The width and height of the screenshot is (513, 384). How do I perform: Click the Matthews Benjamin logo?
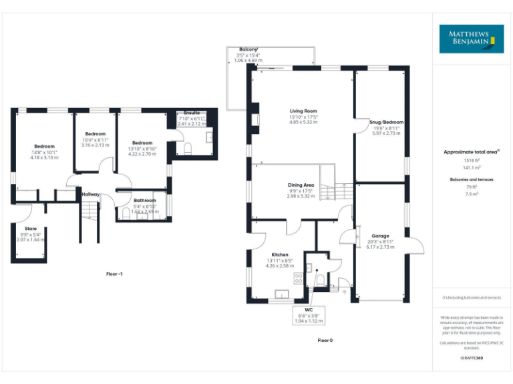(x=471, y=39)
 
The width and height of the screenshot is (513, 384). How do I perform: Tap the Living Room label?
(x=303, y=111)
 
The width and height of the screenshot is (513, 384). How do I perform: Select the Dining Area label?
(x=301, y=185)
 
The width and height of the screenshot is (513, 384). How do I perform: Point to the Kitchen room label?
(x=280, y=255)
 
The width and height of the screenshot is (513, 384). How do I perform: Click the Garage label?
(x=380, y=236)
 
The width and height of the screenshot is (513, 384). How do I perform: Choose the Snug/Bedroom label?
(x=387, y=122)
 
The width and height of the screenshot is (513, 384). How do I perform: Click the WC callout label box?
(x=308, y=313)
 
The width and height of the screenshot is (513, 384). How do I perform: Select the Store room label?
(x=30, y=228)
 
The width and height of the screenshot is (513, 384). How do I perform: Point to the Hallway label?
(x=91, y=195)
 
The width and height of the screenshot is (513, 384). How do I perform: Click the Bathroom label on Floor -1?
(x=144, y=200)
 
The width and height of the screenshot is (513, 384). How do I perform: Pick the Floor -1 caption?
(x=115, y=274)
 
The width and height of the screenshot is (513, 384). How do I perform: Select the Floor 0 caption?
(x=325, y=340)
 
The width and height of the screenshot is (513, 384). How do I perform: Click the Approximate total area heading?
(x=471, y=152)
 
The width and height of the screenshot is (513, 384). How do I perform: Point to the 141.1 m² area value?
(x=472, y=168)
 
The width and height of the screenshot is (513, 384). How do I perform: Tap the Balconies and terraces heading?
(x=472, y=180)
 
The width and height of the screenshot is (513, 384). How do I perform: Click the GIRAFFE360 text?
(x=472, y=358)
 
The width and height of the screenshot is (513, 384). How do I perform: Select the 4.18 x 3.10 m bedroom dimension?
(x=45, y=157)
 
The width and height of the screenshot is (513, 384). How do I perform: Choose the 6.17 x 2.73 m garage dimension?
(x=380, y=247)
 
